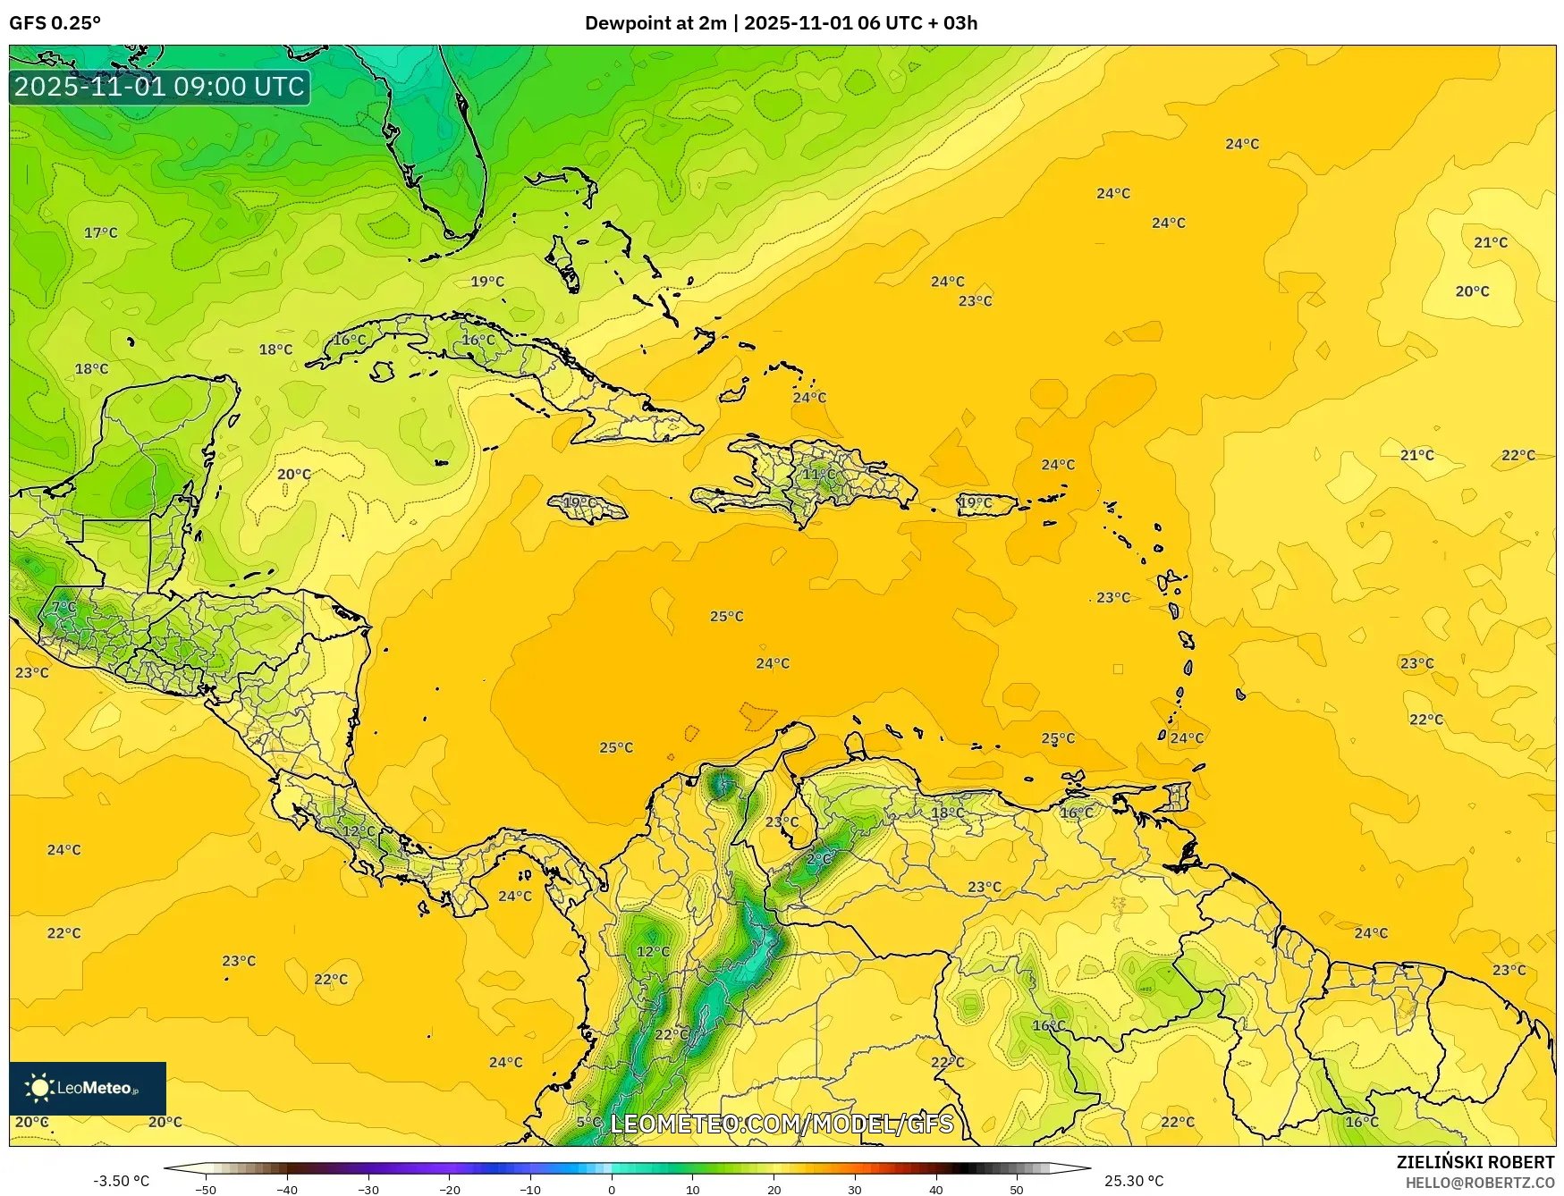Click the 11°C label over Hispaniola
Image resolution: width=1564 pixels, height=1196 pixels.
[x=818, y=474]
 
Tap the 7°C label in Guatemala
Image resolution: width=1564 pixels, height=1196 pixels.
[x=63, y=607]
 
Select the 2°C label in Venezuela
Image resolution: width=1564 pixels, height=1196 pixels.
[x=818, y=859]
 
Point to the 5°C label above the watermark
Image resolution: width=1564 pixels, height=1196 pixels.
[x=588, y=1122]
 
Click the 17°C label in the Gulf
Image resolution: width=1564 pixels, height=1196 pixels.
[x=100, y=232]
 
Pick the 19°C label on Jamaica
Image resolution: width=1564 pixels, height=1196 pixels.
[x=579, y=502]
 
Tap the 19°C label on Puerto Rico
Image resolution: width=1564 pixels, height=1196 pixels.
[x=975, y=502]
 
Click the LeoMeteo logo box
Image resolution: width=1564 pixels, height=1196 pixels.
[x=88, y=1088]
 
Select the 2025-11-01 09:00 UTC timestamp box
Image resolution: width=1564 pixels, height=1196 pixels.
[x=159, y=87]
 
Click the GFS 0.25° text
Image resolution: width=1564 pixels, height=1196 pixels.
[x=55, y=23]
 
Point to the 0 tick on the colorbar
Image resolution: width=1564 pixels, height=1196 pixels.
[x=612, y=1189]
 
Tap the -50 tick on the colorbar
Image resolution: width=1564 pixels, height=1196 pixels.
[x=206, y=1189]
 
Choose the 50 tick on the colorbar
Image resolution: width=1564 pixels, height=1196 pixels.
[x=1017, y=1189]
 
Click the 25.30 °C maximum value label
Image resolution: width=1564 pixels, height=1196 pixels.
[x=1133, y=1181]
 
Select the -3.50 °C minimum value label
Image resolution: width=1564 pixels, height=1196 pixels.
[x=122, y=1181]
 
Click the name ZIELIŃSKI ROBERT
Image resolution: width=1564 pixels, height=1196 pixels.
[x=1475, y=1162]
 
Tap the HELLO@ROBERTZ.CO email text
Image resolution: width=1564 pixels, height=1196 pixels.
[x=1479, y=1183]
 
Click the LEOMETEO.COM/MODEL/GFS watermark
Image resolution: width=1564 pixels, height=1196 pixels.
[x=782, y=1124]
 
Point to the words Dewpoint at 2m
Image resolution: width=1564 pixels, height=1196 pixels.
[x=655, y=23]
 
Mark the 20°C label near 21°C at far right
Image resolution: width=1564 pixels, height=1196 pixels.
[x=1472, y=291]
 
